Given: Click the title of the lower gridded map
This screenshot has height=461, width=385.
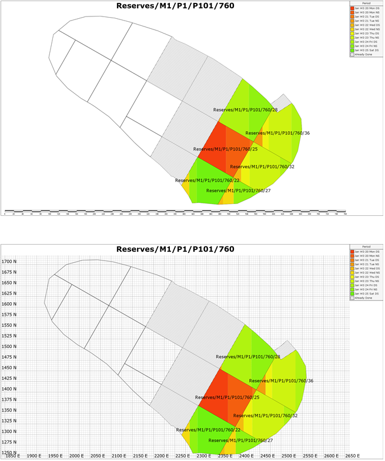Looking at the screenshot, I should [x=176, y=249].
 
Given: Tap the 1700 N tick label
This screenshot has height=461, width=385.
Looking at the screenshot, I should [x=9, y=261].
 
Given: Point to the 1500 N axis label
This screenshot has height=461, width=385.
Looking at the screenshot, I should [x=9, y=346].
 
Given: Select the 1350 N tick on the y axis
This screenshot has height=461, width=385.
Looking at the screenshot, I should [x=9, y=410].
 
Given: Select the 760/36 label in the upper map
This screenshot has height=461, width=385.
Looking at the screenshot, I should [x=277, y=133].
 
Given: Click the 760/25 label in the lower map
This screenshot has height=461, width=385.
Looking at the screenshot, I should [x=227, y=397].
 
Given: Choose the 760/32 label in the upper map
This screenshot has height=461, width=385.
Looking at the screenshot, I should [x=262, y=167].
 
